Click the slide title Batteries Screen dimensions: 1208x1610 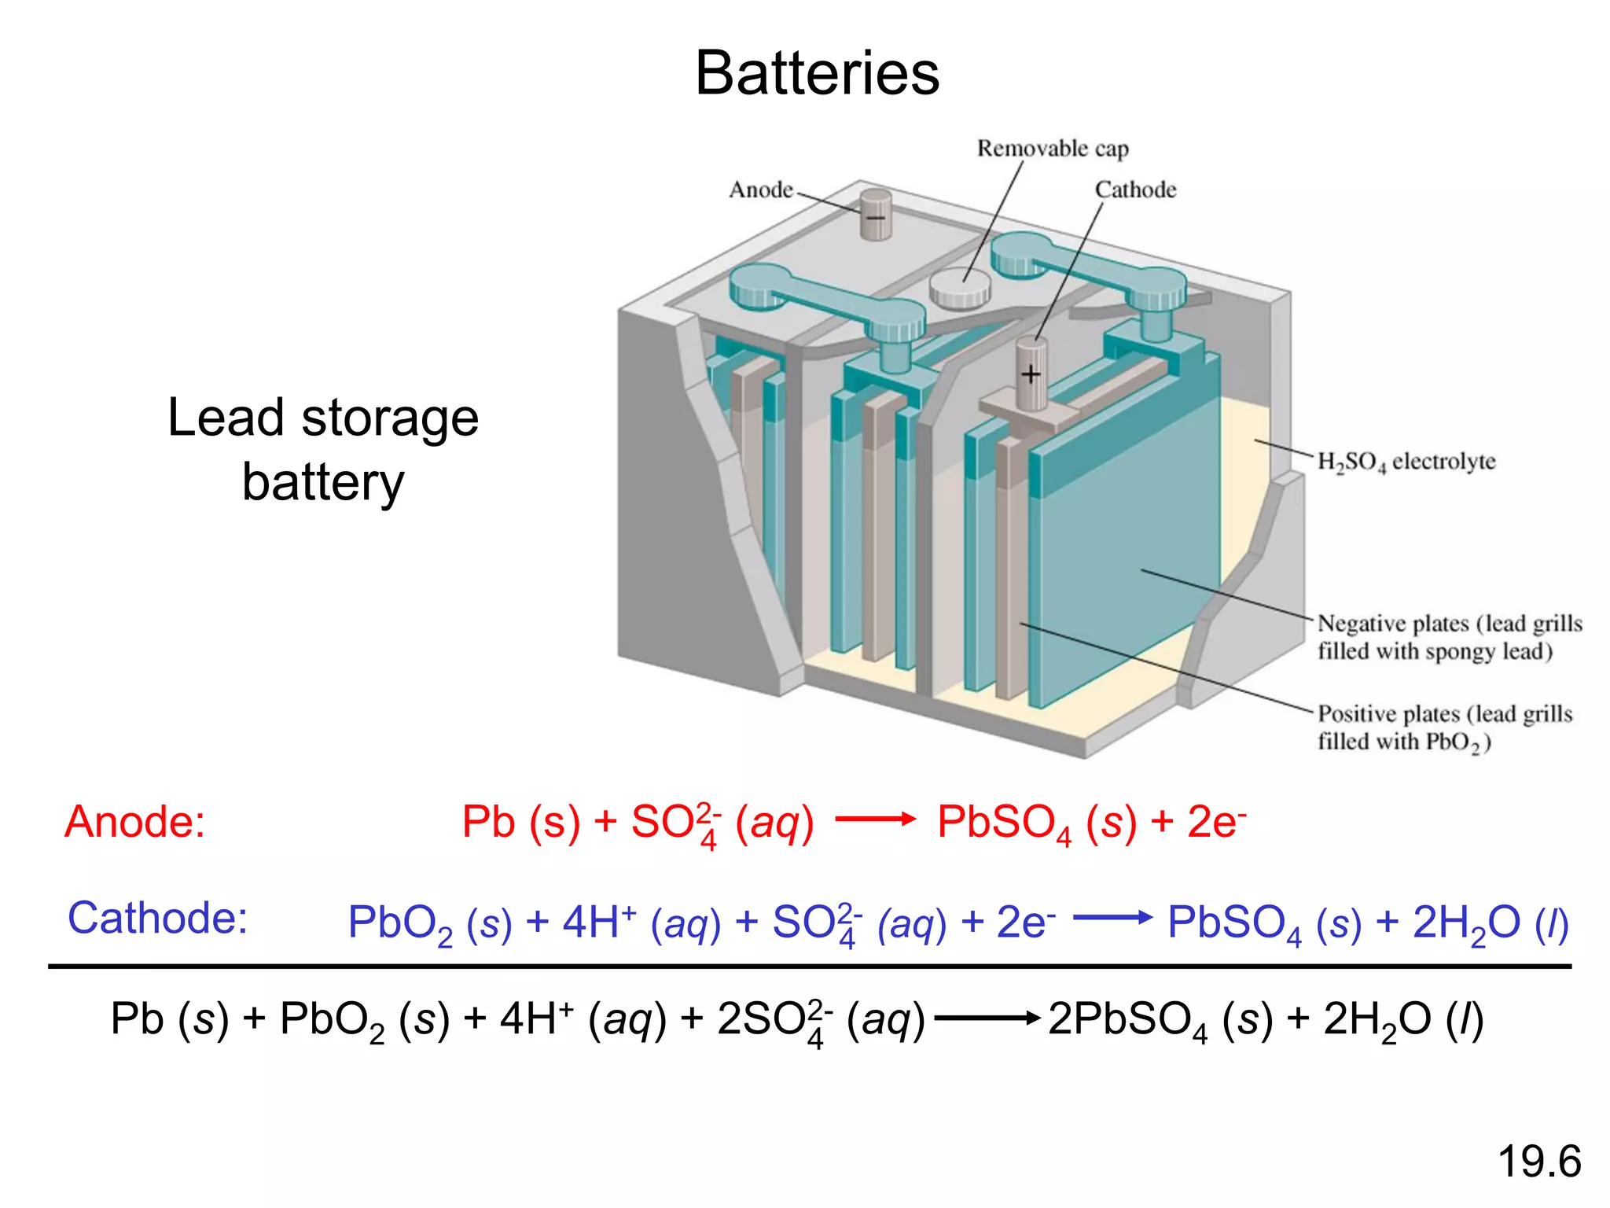pos(817,73)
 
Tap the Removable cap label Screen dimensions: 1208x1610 pos(1052,149)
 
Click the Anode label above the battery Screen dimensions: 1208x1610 pos(760,190)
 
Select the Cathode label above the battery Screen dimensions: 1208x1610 pos(1134,190)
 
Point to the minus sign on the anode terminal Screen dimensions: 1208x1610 pos(876,218)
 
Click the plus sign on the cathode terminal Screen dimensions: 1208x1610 pos(1031,374)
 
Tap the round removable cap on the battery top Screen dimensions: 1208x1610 pos(959,288)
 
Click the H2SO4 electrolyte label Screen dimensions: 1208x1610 pos(1406,462)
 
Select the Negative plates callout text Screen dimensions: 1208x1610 pos(1449,637)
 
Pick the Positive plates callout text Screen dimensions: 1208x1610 pos(1444,727)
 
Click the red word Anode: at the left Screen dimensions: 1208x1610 pos(134,822)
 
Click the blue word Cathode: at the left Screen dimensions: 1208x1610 pos(157,918)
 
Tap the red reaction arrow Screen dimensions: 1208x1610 pos(875,819)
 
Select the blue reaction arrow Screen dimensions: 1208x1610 pos(1112,918)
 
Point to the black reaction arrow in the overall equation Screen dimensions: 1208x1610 pos(987,1019)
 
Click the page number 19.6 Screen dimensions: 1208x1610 pos(1538,1162)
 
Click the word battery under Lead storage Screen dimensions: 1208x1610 pos(322,481)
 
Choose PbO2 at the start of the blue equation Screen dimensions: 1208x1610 pos(399,923)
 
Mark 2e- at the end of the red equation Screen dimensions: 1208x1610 pos(1216,823)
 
